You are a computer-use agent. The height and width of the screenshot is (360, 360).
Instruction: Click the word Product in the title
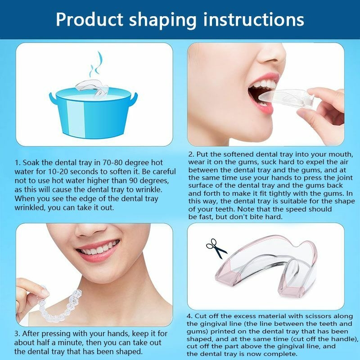tap(90, 19)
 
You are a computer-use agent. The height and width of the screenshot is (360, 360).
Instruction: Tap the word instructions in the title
tap(253, 19)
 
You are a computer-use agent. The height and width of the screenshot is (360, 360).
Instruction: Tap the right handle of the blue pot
tap(134, 99)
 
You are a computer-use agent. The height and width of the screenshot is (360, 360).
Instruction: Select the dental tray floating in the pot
tap(92, 88)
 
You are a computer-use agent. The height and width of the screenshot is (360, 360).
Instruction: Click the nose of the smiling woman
tap(91, 230)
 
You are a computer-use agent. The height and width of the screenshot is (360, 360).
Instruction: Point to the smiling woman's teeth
tap(98, 248)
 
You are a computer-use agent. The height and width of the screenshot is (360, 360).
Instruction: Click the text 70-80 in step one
tap(112, 162)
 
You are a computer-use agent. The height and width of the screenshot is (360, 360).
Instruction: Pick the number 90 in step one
tap(133, 181)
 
